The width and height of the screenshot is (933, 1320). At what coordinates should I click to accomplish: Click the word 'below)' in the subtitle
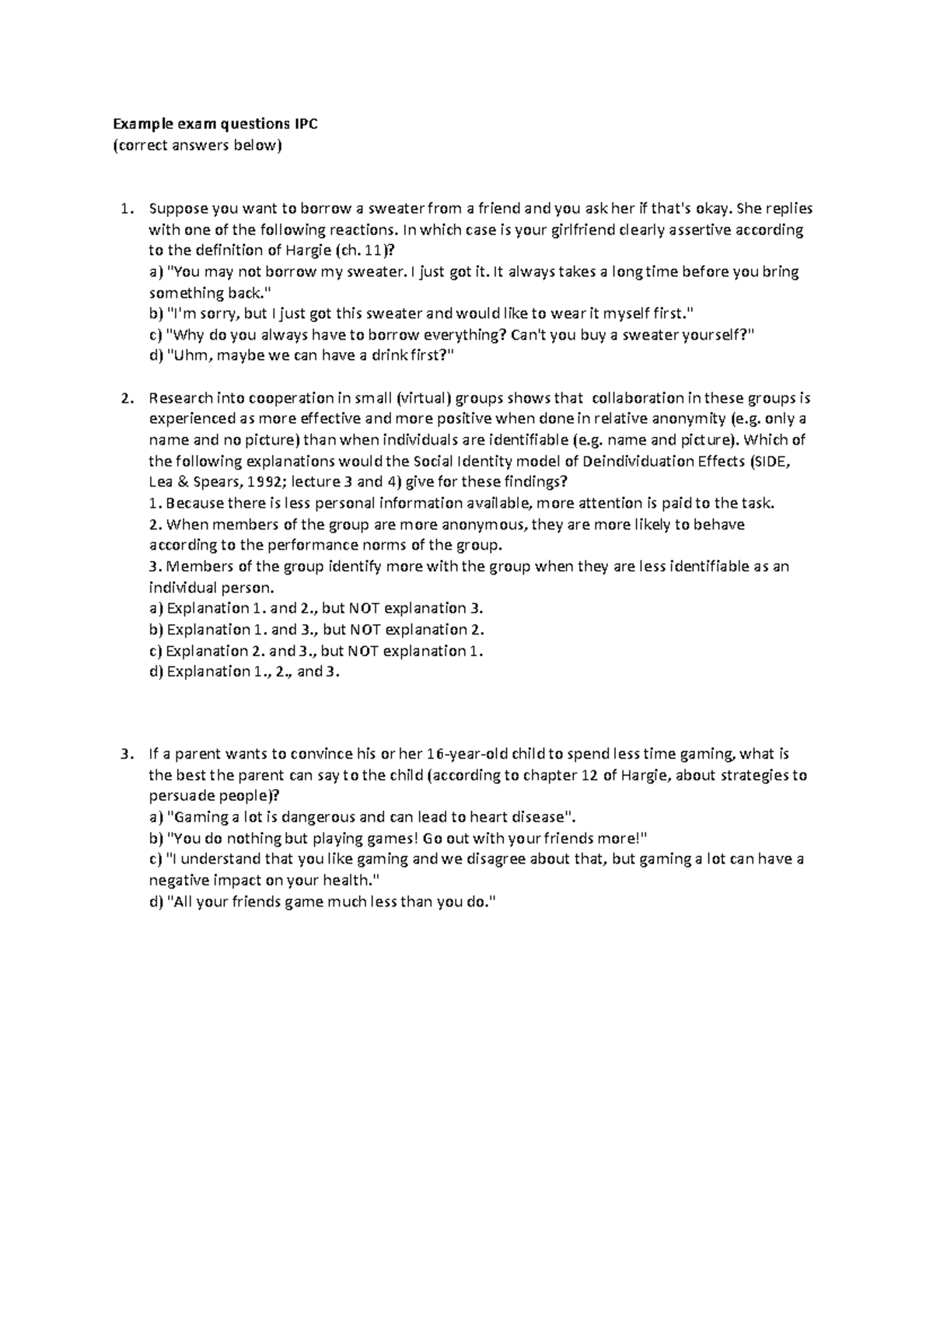257,145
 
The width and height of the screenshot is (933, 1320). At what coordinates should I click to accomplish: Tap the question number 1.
125,209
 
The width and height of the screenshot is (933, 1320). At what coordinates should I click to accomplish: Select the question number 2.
125,399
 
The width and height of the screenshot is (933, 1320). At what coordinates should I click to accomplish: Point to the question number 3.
125,754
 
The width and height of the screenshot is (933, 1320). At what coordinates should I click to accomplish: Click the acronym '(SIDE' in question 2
770,462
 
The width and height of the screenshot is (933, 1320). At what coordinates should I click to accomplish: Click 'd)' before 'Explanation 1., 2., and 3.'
155,672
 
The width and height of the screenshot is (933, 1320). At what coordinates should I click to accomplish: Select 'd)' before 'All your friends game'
155,902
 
